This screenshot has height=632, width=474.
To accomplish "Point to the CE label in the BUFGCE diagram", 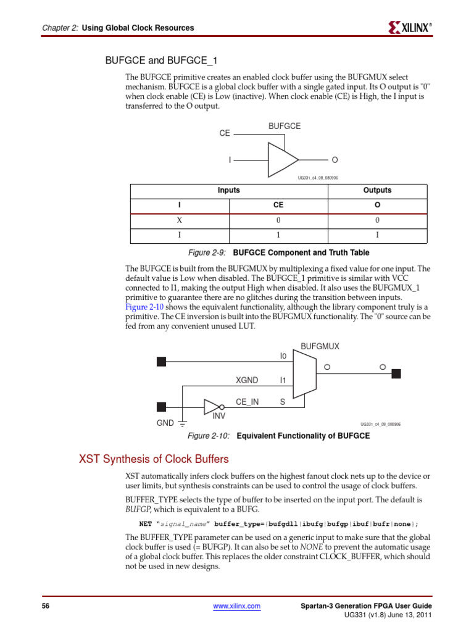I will click(x=224, y=133).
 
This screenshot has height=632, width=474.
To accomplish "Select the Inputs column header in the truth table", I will click(x=228, y=190).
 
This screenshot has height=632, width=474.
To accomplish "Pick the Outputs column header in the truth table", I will click(x=377, y=190).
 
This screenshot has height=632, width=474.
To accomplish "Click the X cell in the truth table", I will click(x=179, y=220).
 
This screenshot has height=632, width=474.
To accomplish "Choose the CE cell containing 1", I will click(x=278, y=236).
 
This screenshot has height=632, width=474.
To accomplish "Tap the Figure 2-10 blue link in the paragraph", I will click(x=143, y=307).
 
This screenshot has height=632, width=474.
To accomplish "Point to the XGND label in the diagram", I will click(x=247, y=380).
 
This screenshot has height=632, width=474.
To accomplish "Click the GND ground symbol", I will click(x=183, y=423).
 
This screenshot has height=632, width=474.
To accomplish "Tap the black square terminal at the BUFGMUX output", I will click(x=397, y=373).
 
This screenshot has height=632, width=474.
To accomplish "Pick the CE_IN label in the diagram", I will click(x=247, y=402).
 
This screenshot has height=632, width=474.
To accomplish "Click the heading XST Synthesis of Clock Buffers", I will click(x=154, y=459).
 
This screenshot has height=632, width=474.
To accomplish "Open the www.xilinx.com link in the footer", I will click(x=237, y=606).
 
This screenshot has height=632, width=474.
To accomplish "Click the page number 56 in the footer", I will click(x=45, y=606).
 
